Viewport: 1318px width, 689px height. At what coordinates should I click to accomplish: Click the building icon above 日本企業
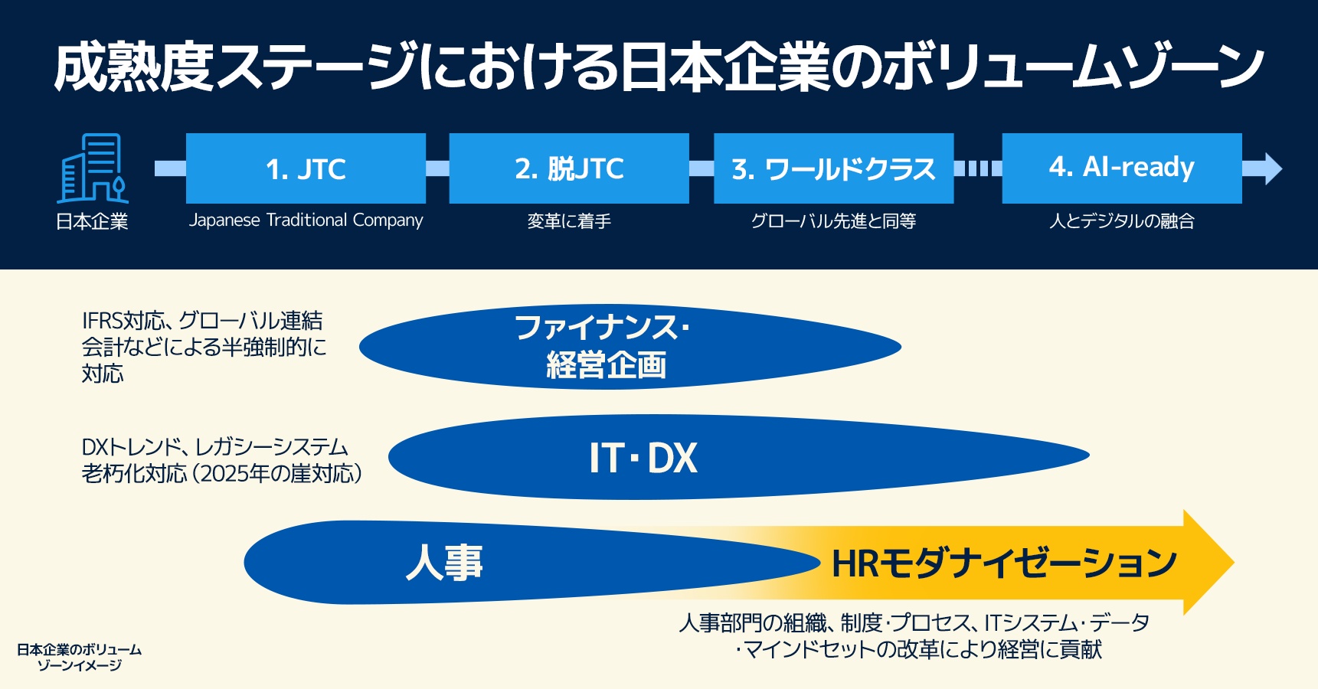[x=93, y=168]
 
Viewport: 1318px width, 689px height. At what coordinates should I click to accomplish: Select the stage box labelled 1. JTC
[x=306, y=168]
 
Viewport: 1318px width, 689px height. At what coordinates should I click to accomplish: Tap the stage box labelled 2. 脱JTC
[x=569, y=168]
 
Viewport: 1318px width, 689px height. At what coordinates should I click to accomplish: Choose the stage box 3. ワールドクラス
[x=833, y=168]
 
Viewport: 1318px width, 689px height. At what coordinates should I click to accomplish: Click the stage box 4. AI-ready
[x=1121, y=168]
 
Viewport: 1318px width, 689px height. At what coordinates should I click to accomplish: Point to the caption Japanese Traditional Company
[x=306, y=220]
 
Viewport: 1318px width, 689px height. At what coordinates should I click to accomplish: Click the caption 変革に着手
[x=569, y=221]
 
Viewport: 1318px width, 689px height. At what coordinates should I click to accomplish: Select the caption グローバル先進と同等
[x=833, y=221]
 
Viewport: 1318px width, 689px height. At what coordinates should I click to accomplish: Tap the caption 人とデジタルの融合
[x=1121, y=221]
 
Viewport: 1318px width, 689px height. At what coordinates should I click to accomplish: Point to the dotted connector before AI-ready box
[x=978, y=168]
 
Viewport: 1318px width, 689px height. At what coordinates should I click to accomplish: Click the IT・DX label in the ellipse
[x=643, y=458]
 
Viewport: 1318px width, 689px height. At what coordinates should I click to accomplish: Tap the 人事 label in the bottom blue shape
[x=444, y=563]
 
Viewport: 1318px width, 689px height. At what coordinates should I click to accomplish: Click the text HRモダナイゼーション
[x=1003, y=563]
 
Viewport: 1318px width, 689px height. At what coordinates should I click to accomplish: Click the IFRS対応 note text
[x=203, y=347]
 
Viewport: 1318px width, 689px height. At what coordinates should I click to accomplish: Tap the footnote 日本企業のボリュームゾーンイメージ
[x=80, y=657]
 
